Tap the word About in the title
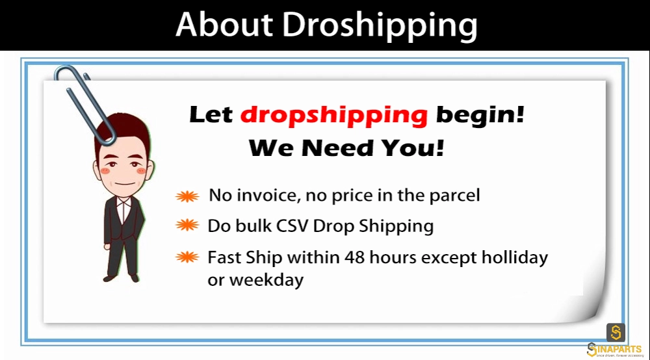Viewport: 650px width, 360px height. click(x=224, y=24)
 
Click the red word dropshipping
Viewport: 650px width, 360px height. click(x=333, y=115)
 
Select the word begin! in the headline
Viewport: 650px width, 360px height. click(x=480, y=115)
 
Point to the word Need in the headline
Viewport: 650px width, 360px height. click(x=337, y=148)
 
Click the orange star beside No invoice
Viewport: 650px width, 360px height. click(x=187, y=196)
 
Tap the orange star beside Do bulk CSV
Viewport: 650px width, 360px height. click(x=187, y=225)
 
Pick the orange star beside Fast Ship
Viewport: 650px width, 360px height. click(x=187, y=257)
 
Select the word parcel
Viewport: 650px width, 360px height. click(x=454, y=196)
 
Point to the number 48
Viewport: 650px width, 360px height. click(x=354, y=257)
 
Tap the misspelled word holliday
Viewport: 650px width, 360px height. click(x=514, y=258)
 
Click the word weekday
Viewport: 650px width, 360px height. click(x=266, y=280)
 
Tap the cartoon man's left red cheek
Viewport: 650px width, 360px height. click(x=106, y=171)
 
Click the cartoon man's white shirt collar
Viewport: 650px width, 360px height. click(x=123, y=203)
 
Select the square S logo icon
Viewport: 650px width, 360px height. click(x=616, y=332)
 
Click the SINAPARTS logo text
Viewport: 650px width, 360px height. click(x=615, y=350)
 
